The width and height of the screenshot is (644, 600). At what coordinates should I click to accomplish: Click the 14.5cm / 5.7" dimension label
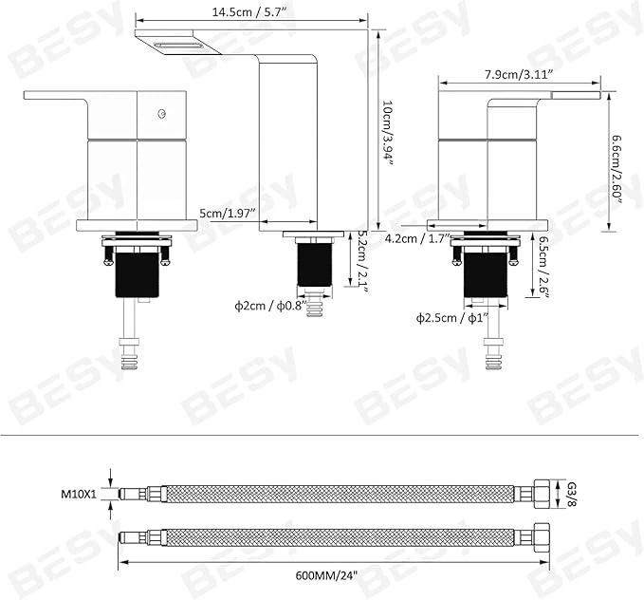coord(248,12)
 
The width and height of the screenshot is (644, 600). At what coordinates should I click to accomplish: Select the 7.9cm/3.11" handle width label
coord(519,74)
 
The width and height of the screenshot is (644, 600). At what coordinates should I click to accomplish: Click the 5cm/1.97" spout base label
coord(228,214)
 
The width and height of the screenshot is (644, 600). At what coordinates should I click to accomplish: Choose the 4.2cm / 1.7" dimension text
coord(418,238)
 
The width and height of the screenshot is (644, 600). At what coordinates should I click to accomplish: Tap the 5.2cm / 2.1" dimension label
coord(361,260)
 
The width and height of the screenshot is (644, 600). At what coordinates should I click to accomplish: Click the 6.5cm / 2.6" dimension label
coord(543,267)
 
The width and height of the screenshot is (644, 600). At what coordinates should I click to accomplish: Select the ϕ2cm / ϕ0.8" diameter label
coord(271,306)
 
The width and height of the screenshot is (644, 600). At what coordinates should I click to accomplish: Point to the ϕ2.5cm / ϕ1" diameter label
coord(452,318)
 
